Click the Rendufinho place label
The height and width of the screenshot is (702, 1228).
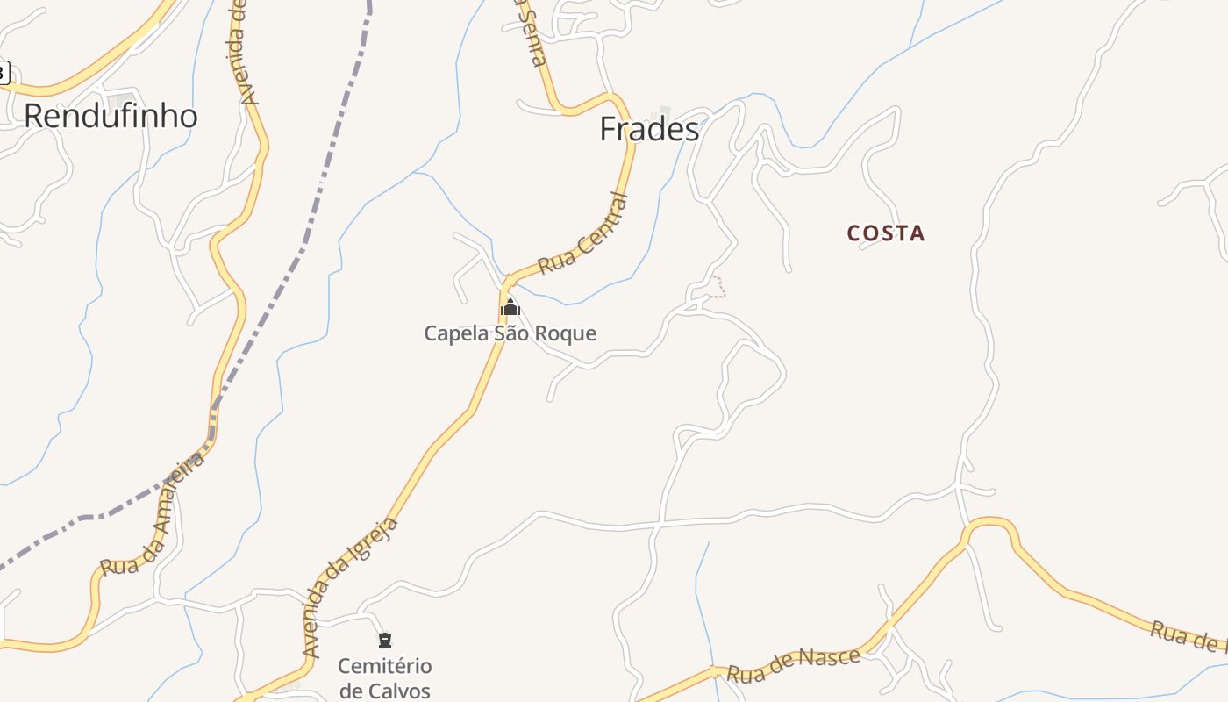coord(111,116)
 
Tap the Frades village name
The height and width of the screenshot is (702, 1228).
coord(649,129)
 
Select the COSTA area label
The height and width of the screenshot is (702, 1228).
coord(886,233)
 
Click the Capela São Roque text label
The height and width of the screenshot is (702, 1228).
coord(510,333)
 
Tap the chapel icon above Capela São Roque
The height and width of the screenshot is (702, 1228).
coord(510,307)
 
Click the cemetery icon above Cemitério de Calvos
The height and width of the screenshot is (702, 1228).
coord(384,641)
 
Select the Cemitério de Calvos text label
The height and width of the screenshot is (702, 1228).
coord(384,677)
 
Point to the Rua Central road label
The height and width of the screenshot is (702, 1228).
coord(584,234)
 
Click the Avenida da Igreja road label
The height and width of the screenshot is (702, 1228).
coord(350,588)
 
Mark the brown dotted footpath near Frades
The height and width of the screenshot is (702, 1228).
coord(718,287)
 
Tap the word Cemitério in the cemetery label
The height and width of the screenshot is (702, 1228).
coord(384,666)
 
